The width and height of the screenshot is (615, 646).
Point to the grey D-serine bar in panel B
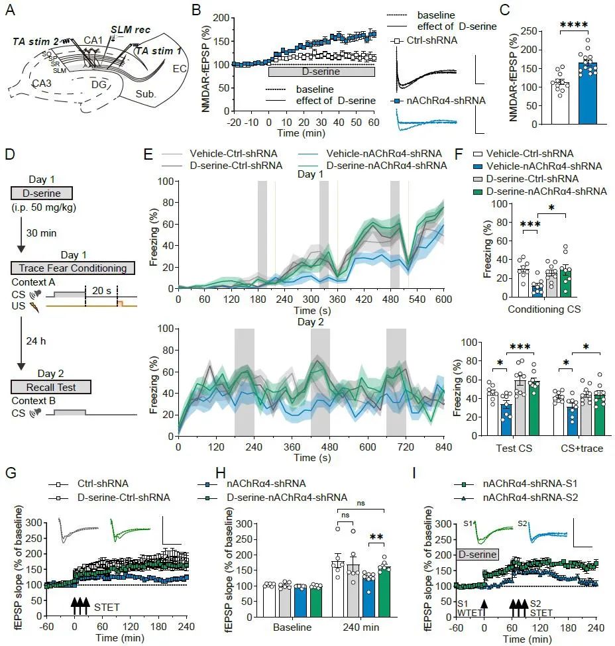click(x=321, y=72)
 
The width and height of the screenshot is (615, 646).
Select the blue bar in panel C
click(x=588, y=93)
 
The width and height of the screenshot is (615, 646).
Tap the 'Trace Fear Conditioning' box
click(x=73, y=268)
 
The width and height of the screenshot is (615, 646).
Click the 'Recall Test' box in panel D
click(x=51, y=387)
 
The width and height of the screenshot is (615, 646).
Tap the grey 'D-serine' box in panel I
click(x=477, y=552)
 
